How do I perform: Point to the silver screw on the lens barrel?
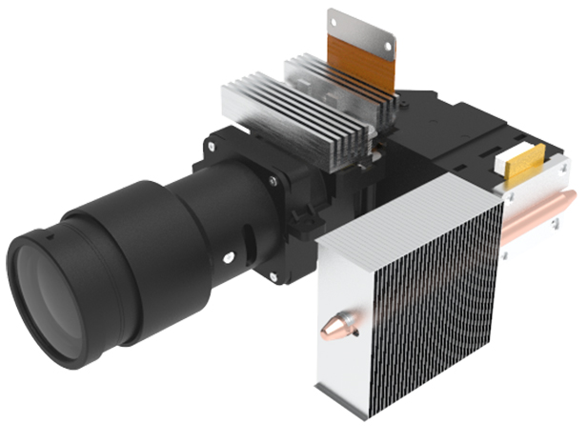pos(229,256)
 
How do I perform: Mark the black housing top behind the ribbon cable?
pos(448,124)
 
